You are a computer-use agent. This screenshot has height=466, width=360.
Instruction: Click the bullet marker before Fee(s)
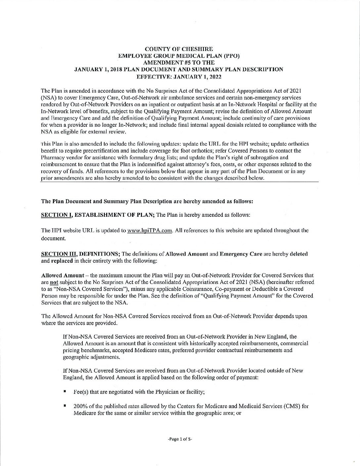click(65, 392)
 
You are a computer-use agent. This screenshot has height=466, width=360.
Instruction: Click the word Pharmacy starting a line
click(51, 157)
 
